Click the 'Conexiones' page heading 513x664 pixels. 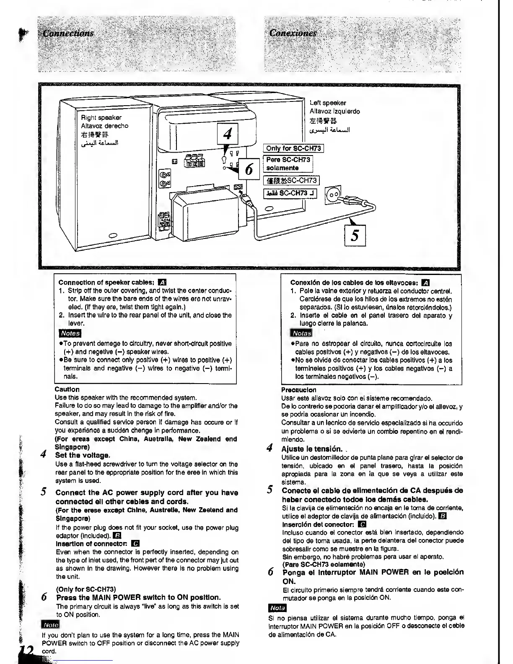pyautogui.click(x=293, y=33)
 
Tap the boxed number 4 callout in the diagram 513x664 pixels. pyautogui.click(x=227, y=134)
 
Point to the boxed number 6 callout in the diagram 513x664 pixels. pyautogui.click(x=249, y=169)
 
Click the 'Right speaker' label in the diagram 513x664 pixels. pyautogui.click(x=101, y=118)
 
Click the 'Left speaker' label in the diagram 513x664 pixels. pyautogui.click(x=328, y=103)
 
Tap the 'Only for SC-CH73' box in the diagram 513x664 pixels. pyautogui.click(x=293, y=148)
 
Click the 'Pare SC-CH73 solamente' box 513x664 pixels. pyautogui.click(x=288, y=164)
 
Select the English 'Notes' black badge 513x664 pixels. pyautogui.click(x=70, y=333)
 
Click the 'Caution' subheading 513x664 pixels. pyautogui.click(x=67, y=389)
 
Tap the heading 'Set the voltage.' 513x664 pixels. pyautogui.click(x=83, y=455)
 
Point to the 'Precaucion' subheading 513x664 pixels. pyautogui.click(x=299, y=390)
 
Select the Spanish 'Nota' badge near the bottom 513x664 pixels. pyautogui.click(x=277, y=608)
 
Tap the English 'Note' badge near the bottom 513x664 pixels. pyautogui.click(x=50, y=625)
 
